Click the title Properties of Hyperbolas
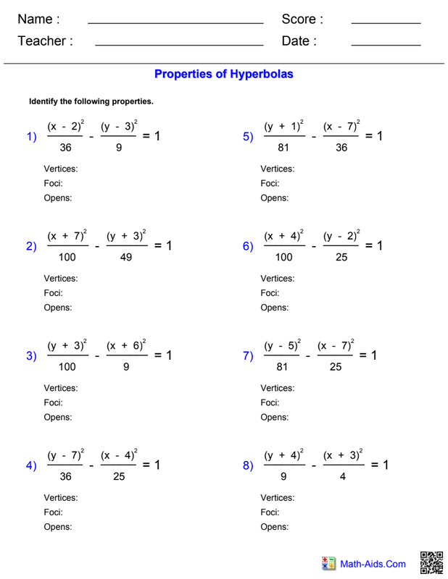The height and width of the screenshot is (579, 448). coord(223,74)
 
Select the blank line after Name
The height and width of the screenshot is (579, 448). coord(175,23)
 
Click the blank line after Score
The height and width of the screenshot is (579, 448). coord(386,23)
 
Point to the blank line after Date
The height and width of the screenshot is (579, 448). coord(386,46)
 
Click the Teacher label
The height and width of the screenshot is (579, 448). coord(45,41)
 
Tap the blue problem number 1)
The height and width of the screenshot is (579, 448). coord(31,137)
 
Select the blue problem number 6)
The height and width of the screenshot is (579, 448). coord(248,246)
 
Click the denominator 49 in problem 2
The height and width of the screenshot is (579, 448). coord(125,257)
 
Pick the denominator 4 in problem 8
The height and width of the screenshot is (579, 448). coord(342,476)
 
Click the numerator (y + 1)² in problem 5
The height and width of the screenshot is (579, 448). coord(283,127)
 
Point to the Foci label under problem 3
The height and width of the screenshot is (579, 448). coord(53,402)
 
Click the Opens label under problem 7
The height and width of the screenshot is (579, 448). coord(274,417)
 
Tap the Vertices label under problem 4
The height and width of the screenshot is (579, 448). coord(61,498)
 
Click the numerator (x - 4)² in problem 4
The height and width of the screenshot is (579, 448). coord(119,456)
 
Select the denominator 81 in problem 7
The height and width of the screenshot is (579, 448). coord(282,367)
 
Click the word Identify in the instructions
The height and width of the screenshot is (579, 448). coord(44,101)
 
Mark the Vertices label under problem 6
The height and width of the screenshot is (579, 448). coord(278,279)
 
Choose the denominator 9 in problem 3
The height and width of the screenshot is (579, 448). coord(125,367)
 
